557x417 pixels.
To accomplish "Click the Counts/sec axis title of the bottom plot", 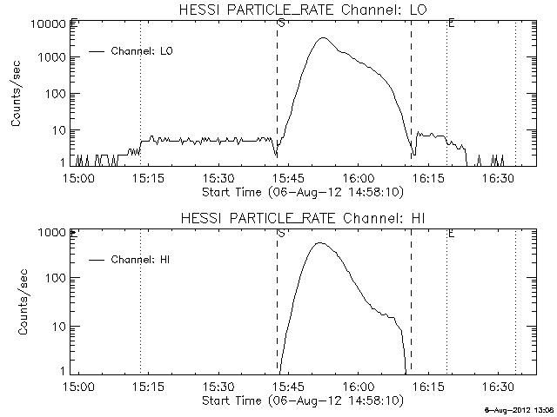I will click(x=17, y=301).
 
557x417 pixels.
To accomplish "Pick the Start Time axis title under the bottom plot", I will click(x=300, y=400).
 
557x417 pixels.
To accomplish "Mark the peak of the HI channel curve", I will click(x=319, y=243).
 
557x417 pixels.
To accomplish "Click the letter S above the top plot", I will click(x=280, y=22).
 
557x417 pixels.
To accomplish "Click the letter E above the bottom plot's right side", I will click(x=450, y=233).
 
